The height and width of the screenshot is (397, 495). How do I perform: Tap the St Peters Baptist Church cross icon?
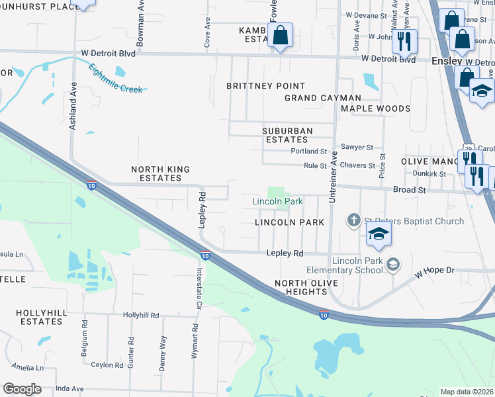point(354,220)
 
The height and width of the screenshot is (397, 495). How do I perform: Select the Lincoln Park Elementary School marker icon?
point(393,265)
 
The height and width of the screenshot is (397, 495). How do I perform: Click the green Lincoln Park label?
point(277,201)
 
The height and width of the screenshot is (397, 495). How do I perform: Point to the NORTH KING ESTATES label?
point(160,174)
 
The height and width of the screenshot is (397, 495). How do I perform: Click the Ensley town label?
point(445,59)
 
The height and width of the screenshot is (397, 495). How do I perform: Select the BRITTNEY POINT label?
point(265,86)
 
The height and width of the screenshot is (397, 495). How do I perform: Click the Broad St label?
point(408,190)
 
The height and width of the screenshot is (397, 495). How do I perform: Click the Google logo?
point(22,389)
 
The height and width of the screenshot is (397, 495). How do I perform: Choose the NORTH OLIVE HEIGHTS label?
point(306,288)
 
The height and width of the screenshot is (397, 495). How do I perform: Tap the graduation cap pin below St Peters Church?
point(378,234)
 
